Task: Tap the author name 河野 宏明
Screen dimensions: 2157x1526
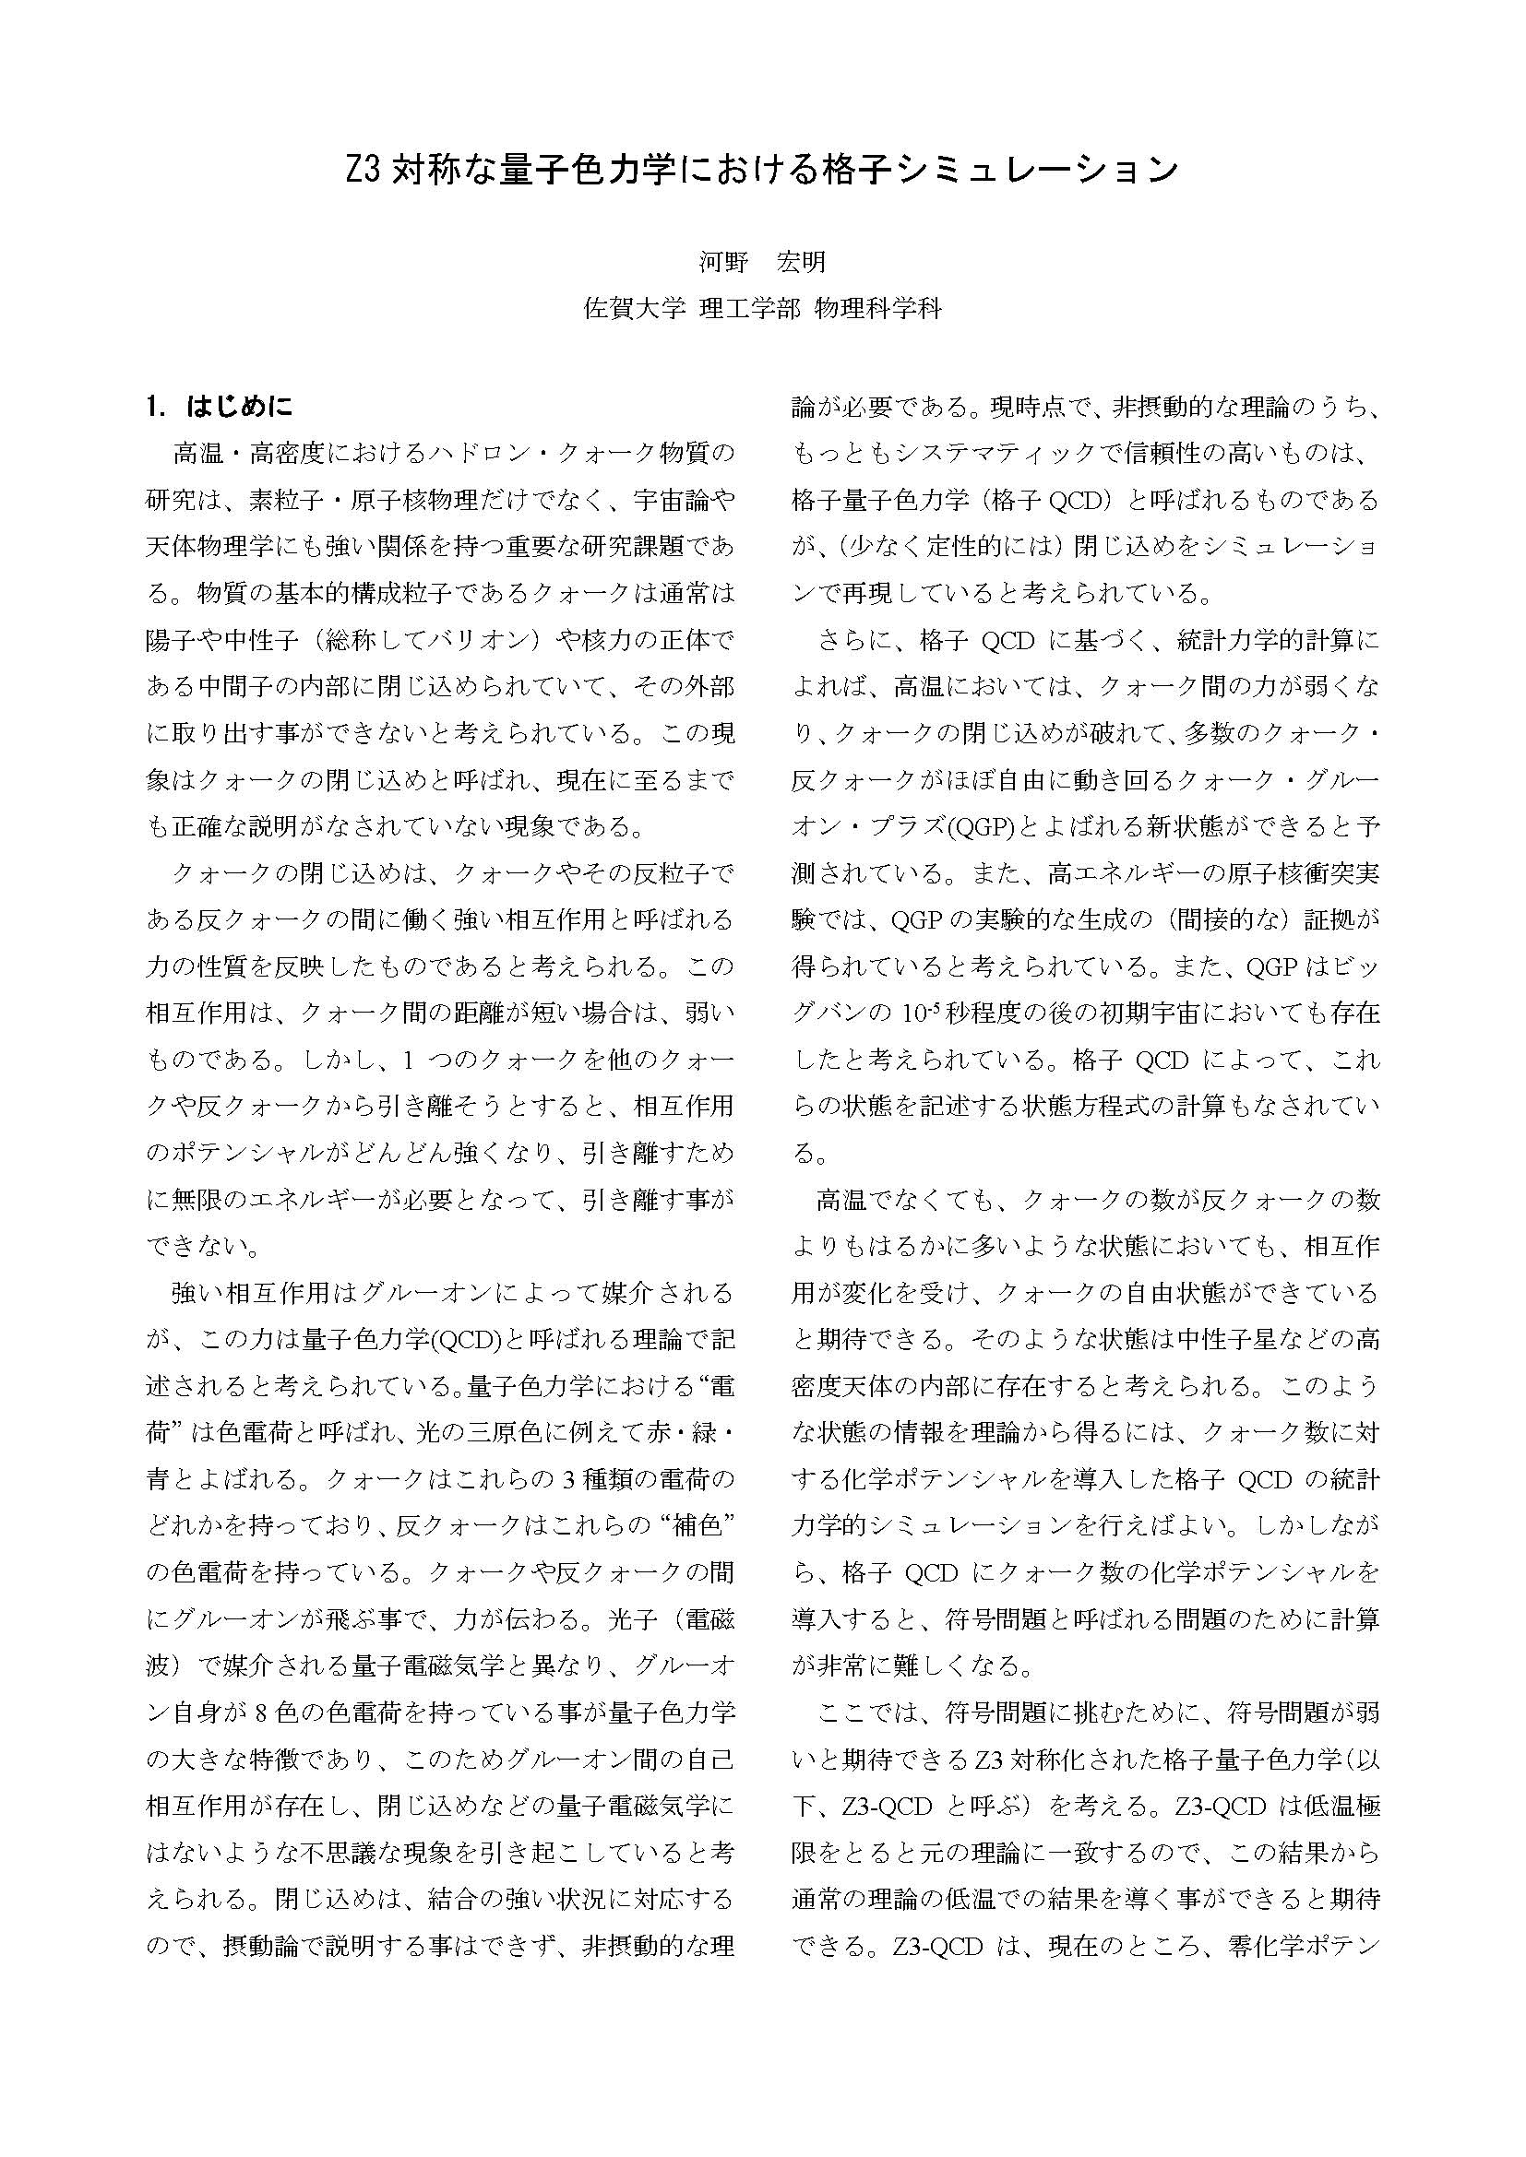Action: coord(762,262)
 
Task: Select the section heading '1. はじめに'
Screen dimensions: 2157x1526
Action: coord(220,407)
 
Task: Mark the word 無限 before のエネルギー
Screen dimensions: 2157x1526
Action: coord(197,1200)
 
